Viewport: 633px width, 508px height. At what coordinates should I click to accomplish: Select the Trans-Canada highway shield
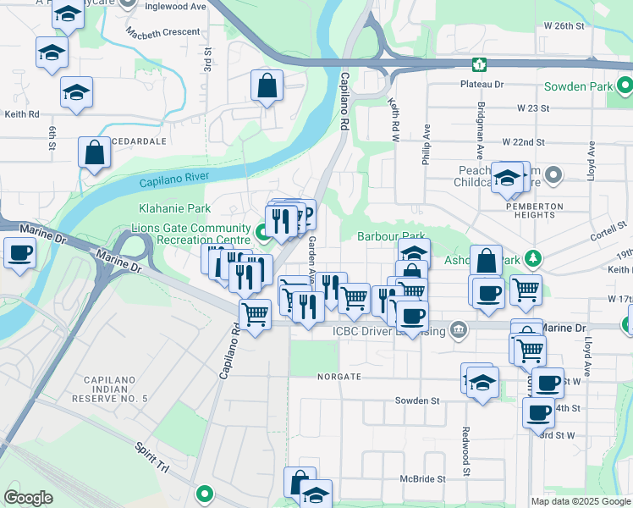pos(480,64)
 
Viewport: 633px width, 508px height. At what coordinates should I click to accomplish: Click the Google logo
pos(28,498)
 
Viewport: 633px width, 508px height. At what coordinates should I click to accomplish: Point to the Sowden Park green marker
pos(625,86)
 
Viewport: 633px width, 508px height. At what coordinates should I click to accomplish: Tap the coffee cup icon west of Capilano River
pos(19,251)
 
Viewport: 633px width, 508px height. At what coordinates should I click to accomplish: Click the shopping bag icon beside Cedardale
pos(94,153)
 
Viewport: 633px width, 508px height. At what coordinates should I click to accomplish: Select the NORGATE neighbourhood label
pos(339,376)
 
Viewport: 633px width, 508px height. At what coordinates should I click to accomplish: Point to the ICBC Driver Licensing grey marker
pos(459,329)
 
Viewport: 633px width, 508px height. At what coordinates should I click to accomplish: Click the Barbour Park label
pos(390,237)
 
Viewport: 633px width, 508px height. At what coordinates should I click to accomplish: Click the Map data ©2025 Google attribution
pos(580,500)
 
